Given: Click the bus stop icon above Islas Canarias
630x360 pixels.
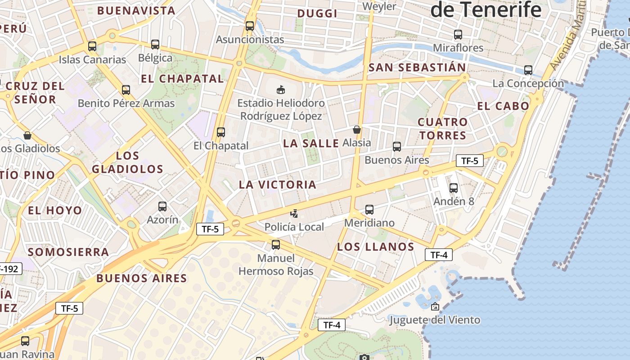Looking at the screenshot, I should pos(92,46).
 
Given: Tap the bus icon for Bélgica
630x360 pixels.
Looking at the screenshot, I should pos(155,44).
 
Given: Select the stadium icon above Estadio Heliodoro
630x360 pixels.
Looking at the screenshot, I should pos(281,89).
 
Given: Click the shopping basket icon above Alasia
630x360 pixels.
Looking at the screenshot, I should pos(357,130).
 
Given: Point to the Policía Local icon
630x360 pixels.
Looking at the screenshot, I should pos(294,213).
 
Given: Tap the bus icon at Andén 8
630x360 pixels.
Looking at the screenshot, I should pos(454,188).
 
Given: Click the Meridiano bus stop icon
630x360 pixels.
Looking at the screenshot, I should pos(369,209).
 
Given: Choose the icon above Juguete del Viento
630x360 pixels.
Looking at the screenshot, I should pos(435,307).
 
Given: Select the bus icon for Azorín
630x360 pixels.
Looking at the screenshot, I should pos(162,207).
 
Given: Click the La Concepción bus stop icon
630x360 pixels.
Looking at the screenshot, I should pos(528,70).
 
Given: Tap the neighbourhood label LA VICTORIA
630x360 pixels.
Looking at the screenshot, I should pos(278,184).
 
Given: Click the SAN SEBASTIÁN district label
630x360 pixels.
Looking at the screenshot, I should pos(417,67).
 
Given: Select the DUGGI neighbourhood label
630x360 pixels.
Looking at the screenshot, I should pos(318,13).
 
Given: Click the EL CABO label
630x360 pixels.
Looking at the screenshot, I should pos(503,106).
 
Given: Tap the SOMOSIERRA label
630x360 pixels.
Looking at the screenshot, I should pos(68,252).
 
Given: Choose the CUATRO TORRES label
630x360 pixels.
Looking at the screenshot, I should pos(442,129).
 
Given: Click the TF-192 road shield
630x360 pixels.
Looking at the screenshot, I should pos(9,269).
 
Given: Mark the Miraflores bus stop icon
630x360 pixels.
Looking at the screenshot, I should pos(458,34).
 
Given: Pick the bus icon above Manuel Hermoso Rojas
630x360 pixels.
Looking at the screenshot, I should pos(276,245).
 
